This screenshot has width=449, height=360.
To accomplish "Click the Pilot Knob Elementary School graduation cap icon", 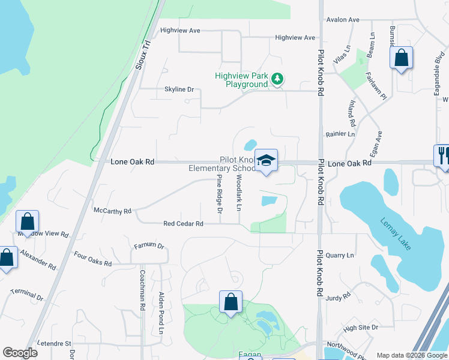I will [x=266, y=160].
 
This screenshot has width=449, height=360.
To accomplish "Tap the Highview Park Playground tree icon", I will [x=277, y=79].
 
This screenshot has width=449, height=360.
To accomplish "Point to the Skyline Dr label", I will [x=179, y=89].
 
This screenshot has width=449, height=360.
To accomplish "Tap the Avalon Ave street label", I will [x=342, y=20].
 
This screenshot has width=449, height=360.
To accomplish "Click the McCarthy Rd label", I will [x=112, y=211].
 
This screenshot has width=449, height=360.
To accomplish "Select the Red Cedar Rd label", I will [x=183, y=224].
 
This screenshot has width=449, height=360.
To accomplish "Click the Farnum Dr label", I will [x=149, y=245].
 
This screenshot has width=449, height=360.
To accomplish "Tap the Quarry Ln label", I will [x=341, y=256].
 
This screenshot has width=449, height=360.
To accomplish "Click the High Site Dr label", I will [x=361, y=328].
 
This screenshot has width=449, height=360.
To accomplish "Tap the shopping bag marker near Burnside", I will [x=402, y=58].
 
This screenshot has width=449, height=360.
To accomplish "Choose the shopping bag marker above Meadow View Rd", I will [x=27, y=221].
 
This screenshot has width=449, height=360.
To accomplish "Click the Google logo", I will [x=20, y=353].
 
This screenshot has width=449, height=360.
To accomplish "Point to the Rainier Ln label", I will [x=340, y=135].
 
